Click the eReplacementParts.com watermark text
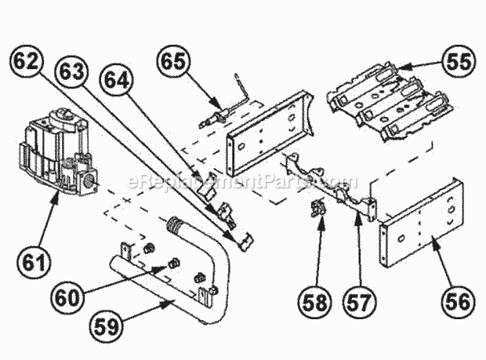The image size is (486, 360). click(242, 183)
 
